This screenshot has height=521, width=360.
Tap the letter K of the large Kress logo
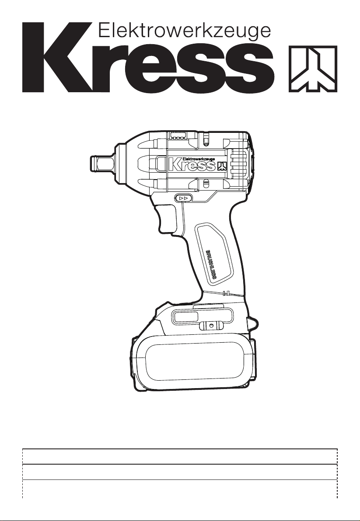[56, 57]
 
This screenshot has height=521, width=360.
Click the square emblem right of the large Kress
[313, 69]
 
